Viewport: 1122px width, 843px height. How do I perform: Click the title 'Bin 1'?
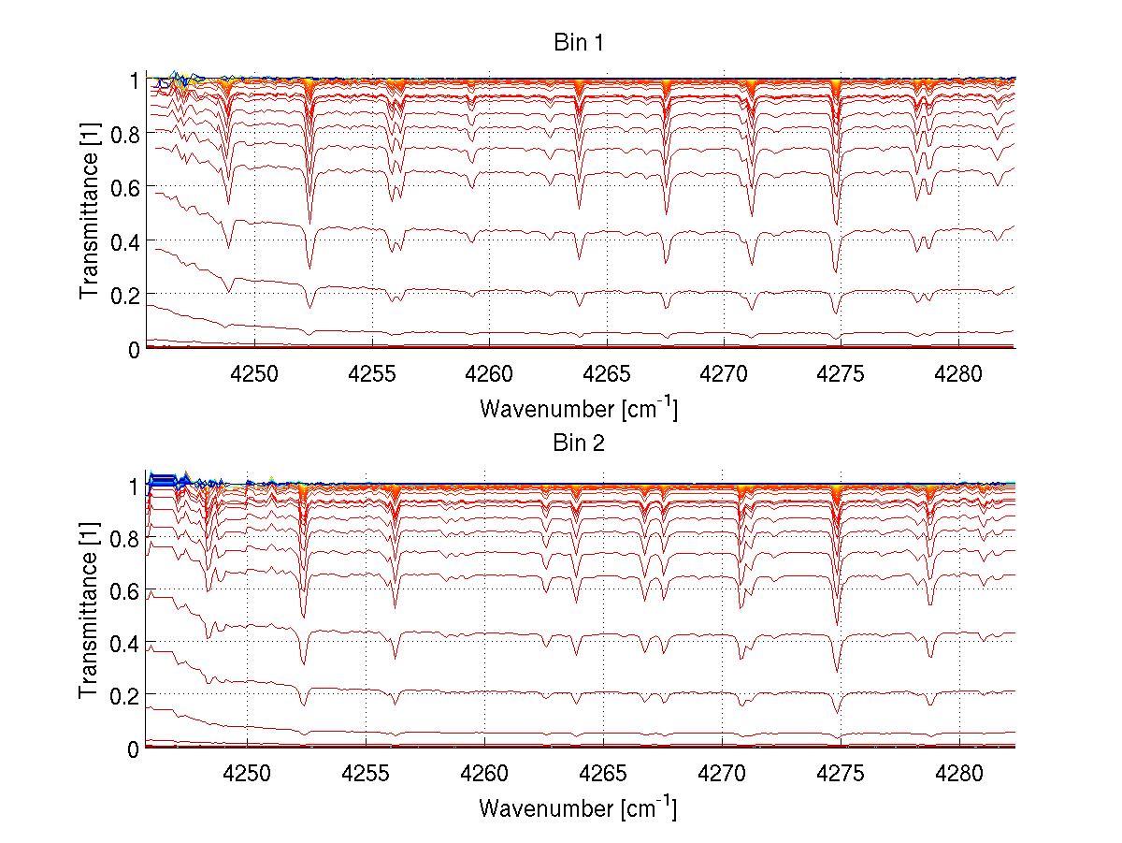coord(579,43)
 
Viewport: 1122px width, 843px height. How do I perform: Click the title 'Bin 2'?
coord(579,443)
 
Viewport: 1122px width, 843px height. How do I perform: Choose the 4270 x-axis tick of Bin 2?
coord(724,774)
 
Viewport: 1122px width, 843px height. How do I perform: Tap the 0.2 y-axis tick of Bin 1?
coord(125,295)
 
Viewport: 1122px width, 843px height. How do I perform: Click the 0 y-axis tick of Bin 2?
coord(133,749)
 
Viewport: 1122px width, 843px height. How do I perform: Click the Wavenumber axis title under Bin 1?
coord(579,408)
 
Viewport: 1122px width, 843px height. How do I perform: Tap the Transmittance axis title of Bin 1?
coord(89,213)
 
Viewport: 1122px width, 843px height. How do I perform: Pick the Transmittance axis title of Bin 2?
coord(89,613)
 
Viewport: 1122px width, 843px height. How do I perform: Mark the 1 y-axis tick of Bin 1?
coord(133,81)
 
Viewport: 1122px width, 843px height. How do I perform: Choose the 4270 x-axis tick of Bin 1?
coord(724,374)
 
